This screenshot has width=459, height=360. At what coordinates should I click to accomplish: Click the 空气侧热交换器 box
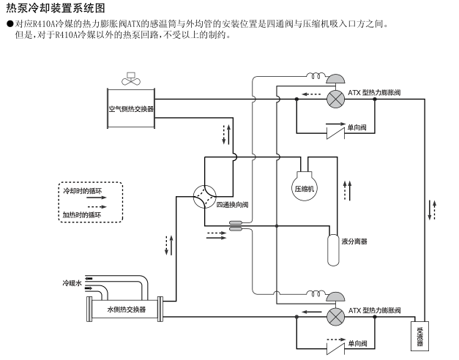tap(131, 109)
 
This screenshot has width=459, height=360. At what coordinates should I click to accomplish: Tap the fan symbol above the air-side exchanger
tap(131, 78)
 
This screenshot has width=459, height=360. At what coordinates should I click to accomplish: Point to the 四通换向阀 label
tap(232, 205)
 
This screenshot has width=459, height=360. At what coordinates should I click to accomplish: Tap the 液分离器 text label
tap(354, 241)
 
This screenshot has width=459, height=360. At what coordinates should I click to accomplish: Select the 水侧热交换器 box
tap(126, 310)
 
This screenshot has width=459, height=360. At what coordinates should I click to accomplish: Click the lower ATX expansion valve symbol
tap(336, 317)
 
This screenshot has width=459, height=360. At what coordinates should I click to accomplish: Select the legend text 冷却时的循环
tap(81, 191)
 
